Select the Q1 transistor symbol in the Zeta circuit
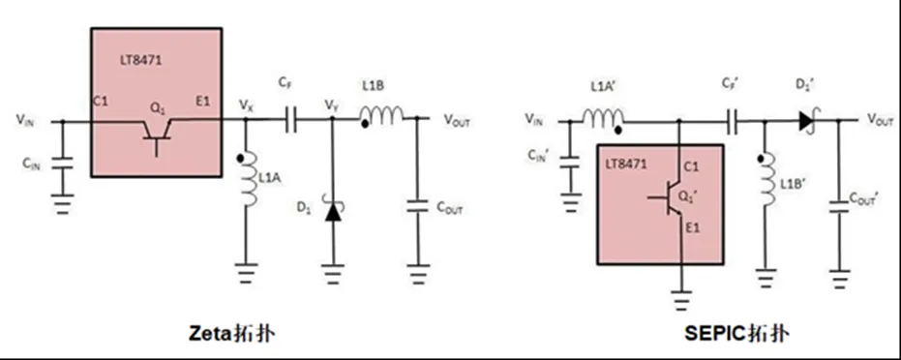pos(155,131)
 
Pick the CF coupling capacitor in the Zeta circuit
pos(290,120)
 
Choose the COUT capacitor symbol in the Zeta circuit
pos(418,206)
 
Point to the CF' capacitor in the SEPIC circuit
pos(733,121)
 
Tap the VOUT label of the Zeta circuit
pos(462,120)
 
